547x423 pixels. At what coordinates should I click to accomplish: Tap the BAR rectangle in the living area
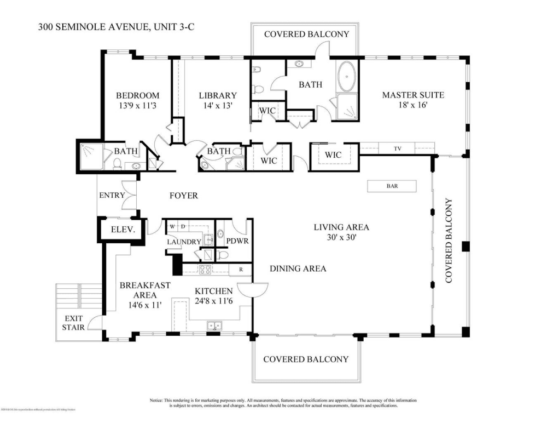tap(392, 186)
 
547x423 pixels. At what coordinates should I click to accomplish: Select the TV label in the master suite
tap(397, 148)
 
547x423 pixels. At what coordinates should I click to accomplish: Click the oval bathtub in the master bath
tap(346, 77)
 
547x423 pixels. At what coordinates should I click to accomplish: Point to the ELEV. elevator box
tap(123, 230)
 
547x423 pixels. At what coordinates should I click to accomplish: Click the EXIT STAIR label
tap(74, 323)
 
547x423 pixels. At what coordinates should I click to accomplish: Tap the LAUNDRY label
tap(184, 242)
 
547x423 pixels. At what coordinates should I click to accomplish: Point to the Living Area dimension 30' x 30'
tap(341, 238)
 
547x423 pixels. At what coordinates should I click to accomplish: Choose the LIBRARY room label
tap(217, 95)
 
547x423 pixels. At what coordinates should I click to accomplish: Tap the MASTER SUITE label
tap(412, 95)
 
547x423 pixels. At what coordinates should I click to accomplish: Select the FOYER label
tap(183, 196)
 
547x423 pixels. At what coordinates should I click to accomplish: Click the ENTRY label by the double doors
tap(112, 196)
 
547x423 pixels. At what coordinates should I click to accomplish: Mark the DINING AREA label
tap(298, 268)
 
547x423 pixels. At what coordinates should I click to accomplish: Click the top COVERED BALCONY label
tap(306, 35)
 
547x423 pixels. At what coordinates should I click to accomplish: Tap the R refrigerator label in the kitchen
tap(240, 270)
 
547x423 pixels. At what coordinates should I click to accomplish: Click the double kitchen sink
tap(214, 326)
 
